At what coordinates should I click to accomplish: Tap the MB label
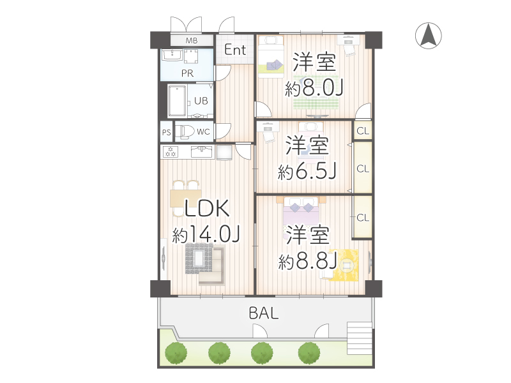[192, 40]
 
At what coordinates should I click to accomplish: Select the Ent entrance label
[235, 49]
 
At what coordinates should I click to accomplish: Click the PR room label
[187, 73]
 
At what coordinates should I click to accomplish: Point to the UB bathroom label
[201, 100]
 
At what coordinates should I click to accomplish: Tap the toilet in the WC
[185, 131]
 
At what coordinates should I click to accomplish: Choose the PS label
[166, 133]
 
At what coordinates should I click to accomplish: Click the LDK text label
[206, 209]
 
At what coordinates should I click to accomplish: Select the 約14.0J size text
[206, 234]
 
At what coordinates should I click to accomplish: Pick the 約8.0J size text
[315, 89]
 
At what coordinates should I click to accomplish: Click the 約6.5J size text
[307, 170]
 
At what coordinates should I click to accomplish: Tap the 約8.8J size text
[308, 260]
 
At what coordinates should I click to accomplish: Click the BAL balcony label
[264, 313]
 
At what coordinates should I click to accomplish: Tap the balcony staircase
[358, 338]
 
